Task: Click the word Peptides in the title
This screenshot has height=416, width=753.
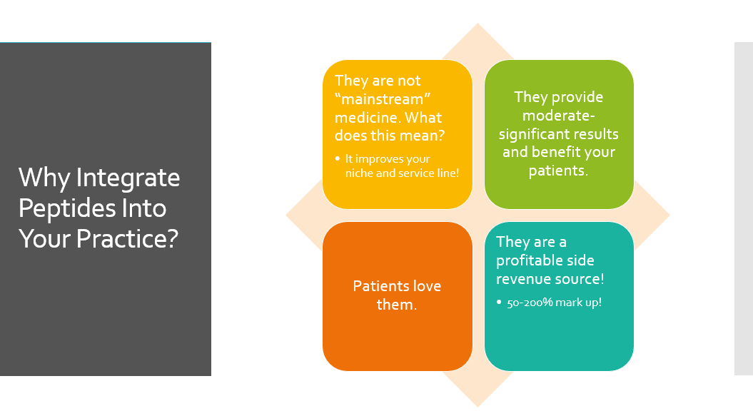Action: click(x=67, y=208)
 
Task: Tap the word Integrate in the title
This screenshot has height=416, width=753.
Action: click(x=128, y=178)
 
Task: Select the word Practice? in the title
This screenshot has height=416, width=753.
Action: click(x=127, y=238)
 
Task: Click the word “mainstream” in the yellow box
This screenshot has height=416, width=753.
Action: click(x=383, y=99)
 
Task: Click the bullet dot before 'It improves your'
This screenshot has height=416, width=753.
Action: click(x=337, y=158)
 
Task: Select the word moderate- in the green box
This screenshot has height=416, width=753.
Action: click(x=559, y=116)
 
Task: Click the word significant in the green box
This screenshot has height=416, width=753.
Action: click(x=533, y=134)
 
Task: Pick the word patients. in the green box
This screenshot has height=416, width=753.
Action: click(x=558, y=171)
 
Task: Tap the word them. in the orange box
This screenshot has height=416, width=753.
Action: click(x=397, y=305)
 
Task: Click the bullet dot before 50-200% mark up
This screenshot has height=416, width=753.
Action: click(x=499, y=302)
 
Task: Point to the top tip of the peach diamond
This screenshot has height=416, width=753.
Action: click(x=477, y=23)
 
